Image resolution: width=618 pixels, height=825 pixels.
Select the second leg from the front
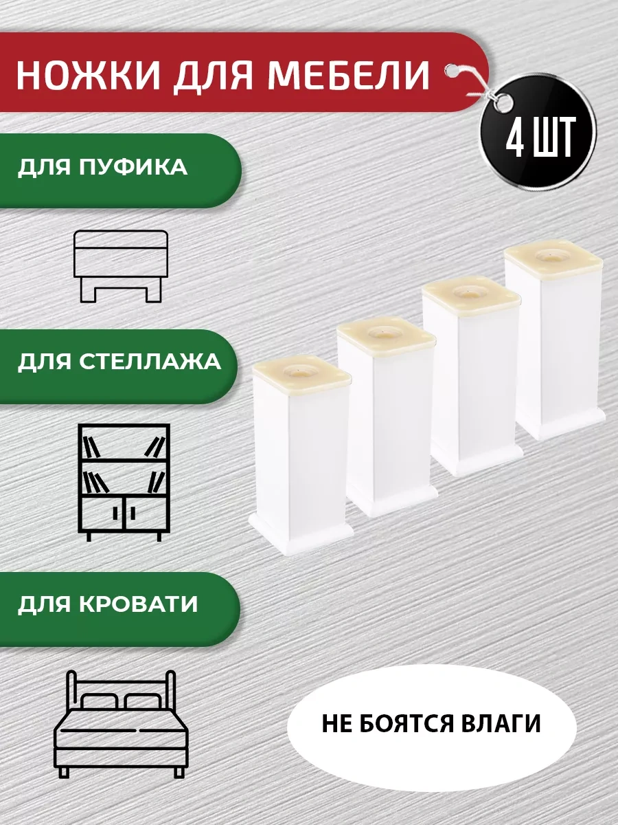386,419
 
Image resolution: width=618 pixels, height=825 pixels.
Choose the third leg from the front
470,378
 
